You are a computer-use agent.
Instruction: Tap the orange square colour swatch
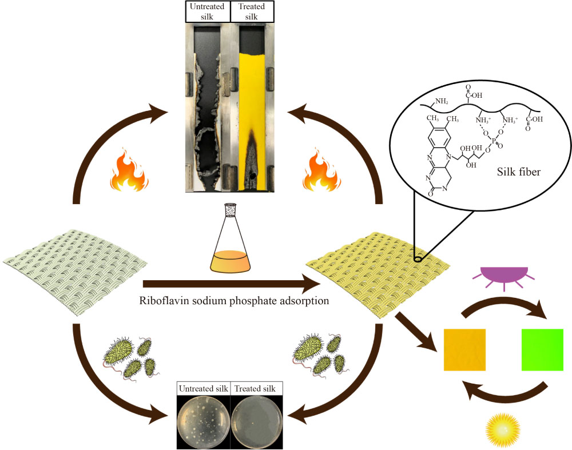point(465,349)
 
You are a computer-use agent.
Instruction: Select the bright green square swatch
point(542,349)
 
